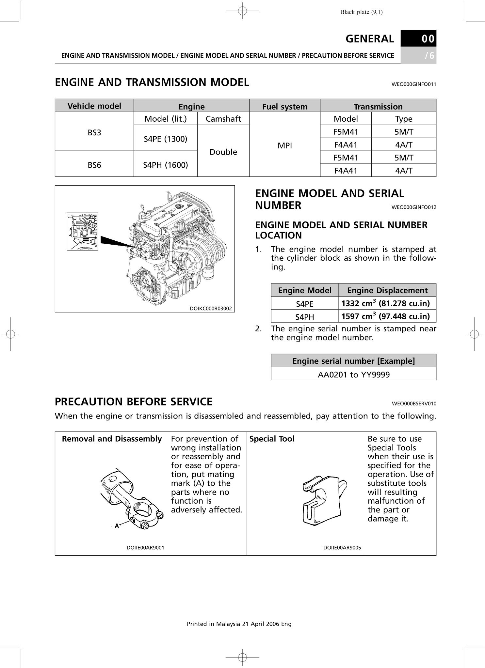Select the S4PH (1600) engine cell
tap(166, 165)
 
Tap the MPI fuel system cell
tap(284, 146)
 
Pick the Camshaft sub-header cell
tap(223, 119)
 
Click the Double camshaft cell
tap(223, 152)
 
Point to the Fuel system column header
tap(284, 107)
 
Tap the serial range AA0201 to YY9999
tap(354, 374)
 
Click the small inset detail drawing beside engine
tap(82, 232)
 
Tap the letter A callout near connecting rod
tap(117, 525)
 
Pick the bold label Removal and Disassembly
tap(112, 439)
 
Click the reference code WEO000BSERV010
tap(414, 404)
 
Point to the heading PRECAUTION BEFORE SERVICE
tap(134, 402)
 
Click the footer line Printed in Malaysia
tap(239, 624)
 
